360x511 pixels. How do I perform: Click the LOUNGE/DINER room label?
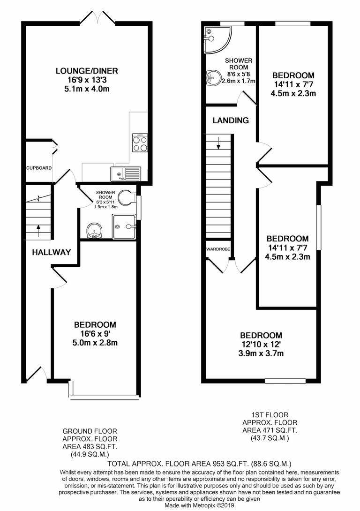click(87, 71)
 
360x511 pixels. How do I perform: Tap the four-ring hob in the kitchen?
click(140, 143)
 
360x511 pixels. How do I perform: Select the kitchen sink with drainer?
click(125, 173)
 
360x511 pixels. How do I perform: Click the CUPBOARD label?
click(39, 168)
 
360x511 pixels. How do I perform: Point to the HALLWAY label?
click(51, 252)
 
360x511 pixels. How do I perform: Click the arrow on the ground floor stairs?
click(38, 230)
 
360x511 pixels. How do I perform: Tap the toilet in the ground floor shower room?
click(125, 197)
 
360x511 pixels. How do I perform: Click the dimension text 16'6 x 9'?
click(95, 334)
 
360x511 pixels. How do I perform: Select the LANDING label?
click(231, 120)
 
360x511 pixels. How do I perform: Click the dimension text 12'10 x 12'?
click(261, 345)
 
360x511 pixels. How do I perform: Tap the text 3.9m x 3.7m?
click(261, 353)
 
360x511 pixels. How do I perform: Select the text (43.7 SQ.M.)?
click(269, 438)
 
